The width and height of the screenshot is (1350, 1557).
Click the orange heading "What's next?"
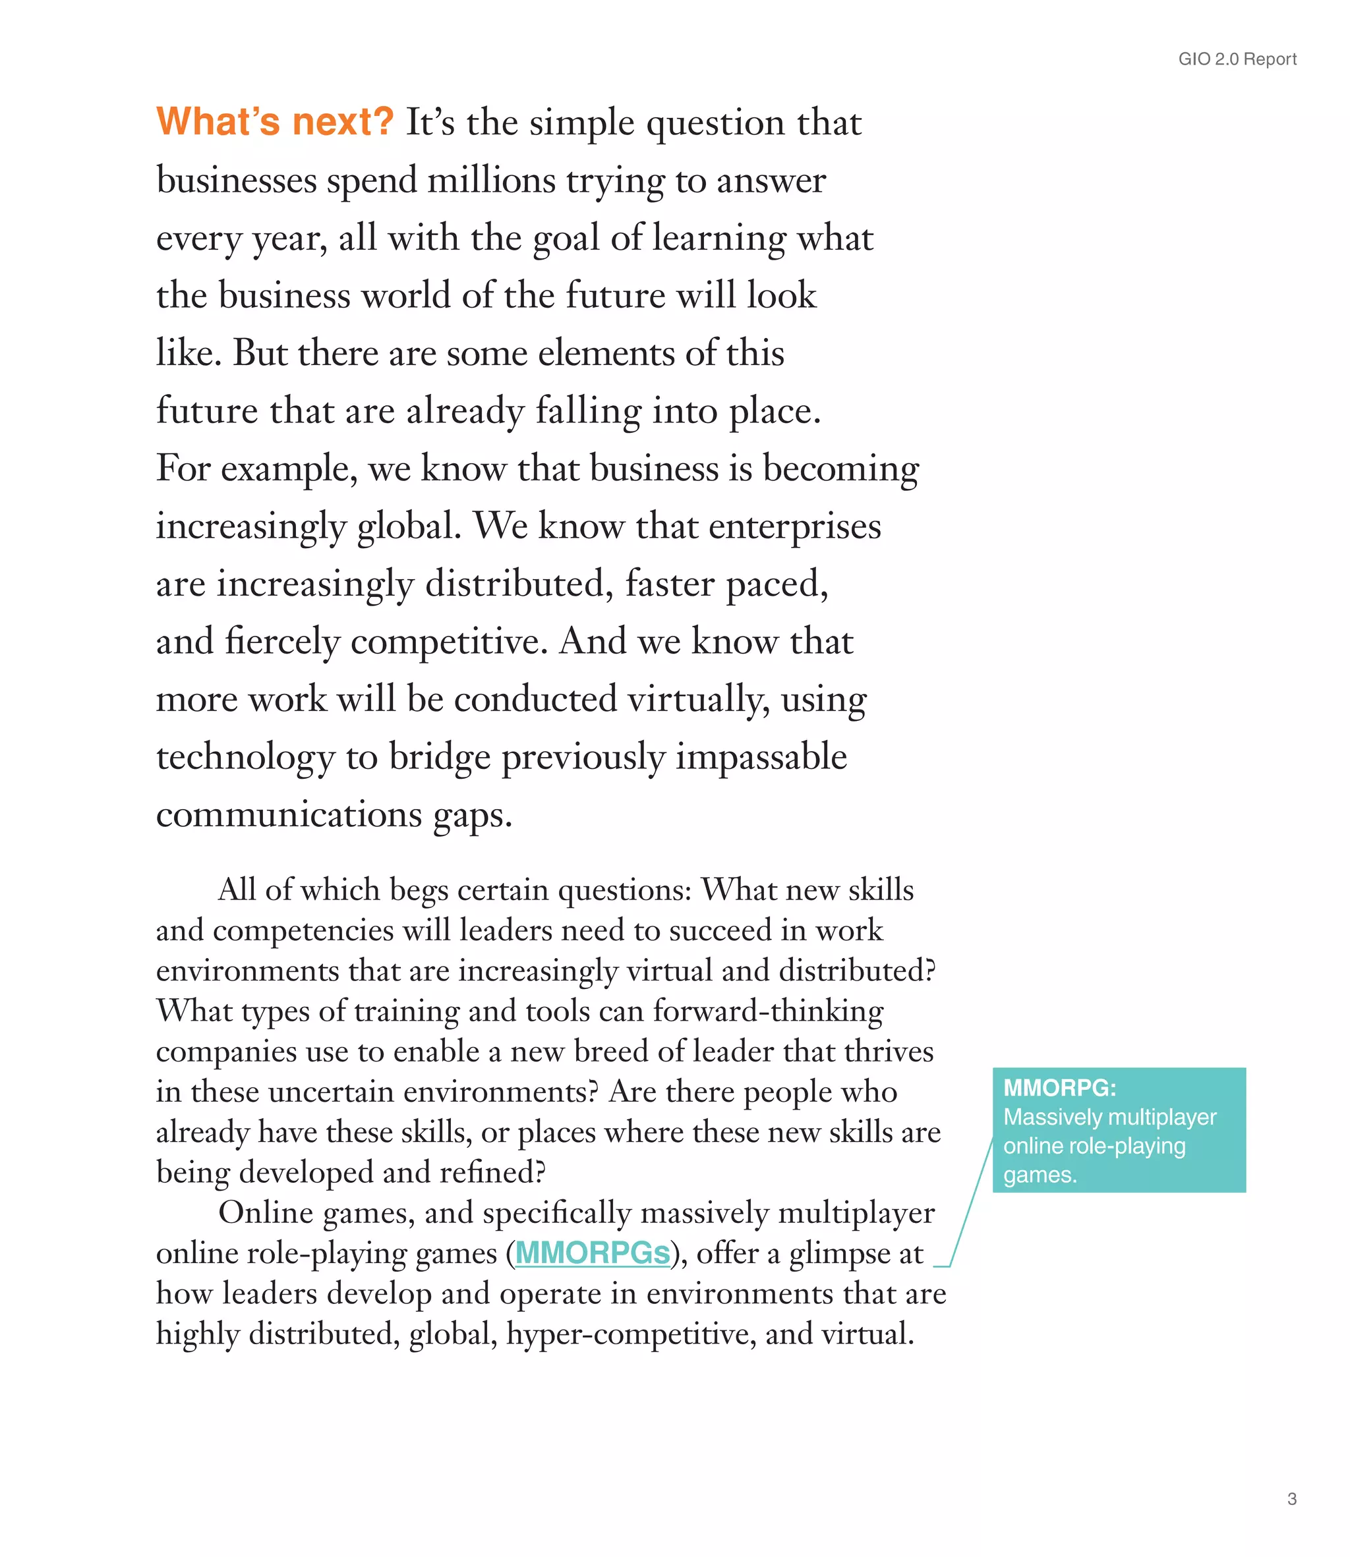coord(275,121)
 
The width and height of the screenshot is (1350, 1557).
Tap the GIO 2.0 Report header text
coord(1237,59)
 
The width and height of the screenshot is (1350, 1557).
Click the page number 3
coord(1292,1498)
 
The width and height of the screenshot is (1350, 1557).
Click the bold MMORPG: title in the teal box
coord(1059,1087)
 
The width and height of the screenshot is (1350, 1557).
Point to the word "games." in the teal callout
coord(1040,1175)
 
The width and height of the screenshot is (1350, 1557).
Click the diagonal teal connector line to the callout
coord(972,1204)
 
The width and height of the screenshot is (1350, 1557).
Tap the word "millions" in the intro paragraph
coord(491,181)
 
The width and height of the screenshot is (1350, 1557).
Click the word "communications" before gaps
coord(289,814)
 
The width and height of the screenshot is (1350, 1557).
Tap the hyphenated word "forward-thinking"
coord(768,1011)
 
